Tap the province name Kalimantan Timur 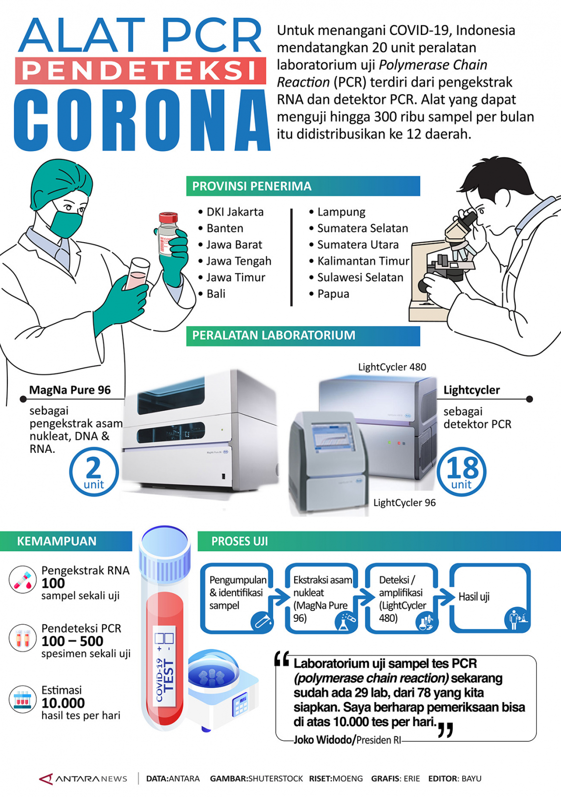click(x=363, y=261)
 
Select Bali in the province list click(x=216, y=294)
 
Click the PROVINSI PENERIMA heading click(x=251, y=186)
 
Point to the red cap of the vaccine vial click(x=168, y=218)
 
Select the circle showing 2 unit click(x=94, y=472)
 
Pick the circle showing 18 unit click(x=462, y=472)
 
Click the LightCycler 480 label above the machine click(x=392, y=367)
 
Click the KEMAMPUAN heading click(x=57, y=541)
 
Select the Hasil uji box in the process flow click(x=490, y=598)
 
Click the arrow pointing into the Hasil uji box click(x=446, y=597)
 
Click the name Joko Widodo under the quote click(x=323, y=740)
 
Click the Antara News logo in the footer click(x=83, y=779)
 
